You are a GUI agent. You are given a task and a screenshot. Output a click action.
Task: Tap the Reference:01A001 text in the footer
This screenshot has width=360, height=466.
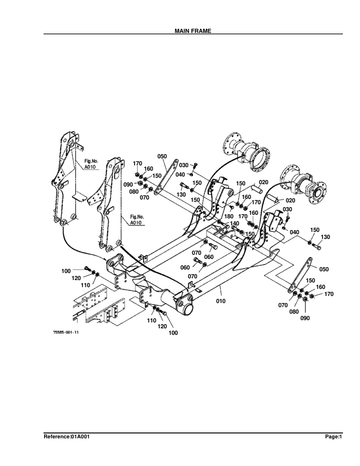click(67, 437)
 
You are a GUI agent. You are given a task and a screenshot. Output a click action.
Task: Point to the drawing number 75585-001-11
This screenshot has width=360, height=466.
click(65, 333)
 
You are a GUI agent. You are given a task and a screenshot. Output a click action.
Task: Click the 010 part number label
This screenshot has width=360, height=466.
click(221, 301)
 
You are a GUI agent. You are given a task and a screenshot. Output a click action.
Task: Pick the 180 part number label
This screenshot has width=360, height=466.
click(229, 217)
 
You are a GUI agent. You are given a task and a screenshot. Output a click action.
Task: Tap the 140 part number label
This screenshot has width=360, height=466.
click(234, 224)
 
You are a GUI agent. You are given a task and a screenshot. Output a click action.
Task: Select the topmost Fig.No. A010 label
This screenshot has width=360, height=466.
click(90, 164)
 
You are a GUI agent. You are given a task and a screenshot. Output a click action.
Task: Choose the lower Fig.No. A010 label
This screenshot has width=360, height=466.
click(136, 221)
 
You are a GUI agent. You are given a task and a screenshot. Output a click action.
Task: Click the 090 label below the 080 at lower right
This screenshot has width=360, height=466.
click(305, 318)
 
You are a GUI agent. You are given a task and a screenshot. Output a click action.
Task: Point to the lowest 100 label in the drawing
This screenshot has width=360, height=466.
click(173, 333)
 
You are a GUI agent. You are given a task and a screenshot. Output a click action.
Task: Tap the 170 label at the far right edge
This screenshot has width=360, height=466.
click(329, 294)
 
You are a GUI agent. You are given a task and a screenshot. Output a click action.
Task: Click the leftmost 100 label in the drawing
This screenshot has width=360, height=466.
click(66, 271)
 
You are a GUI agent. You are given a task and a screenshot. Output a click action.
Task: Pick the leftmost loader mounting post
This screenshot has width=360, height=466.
click(66, 177)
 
